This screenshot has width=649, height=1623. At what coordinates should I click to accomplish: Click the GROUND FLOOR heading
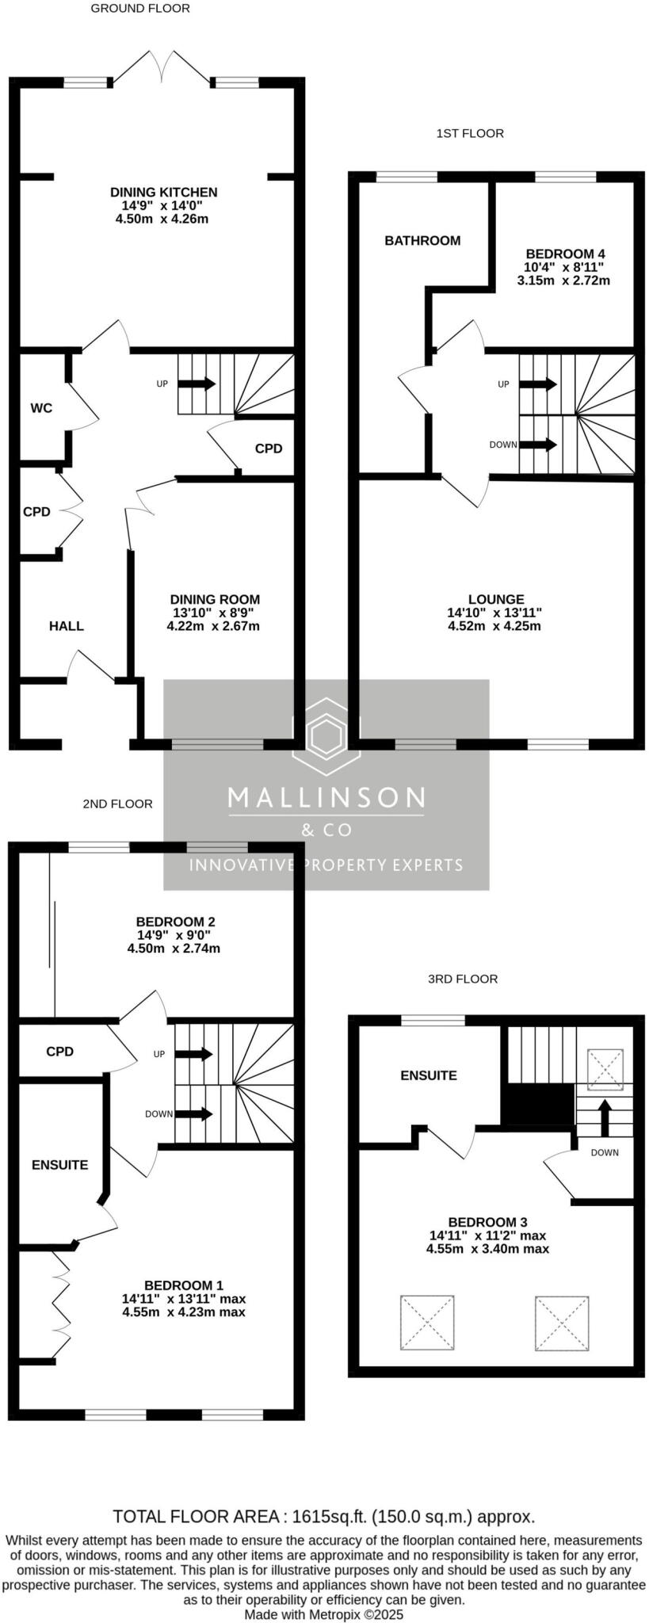click(x=140, y=9)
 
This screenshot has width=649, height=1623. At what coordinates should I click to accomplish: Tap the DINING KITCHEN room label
click(x=163, y=192)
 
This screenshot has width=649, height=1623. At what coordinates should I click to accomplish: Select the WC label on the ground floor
click(x=41, y=408)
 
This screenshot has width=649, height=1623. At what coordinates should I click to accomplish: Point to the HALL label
click(x=67, y=626)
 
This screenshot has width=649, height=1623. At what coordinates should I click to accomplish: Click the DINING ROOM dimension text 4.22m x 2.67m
click(x=213, y=626)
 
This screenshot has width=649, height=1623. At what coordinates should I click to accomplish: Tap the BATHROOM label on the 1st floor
click(x=422, y=241)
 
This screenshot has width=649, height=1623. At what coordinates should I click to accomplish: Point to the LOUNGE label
click(x=496, y=600)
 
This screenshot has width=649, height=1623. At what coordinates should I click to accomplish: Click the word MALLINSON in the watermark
click(x=326, y=797)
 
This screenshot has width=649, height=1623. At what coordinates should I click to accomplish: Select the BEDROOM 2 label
click(x=175, y=922)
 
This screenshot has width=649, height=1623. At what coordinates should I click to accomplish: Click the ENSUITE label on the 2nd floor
click(x=60, y=1165)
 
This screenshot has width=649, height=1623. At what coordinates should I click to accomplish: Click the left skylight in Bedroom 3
click(x=427, y=1323)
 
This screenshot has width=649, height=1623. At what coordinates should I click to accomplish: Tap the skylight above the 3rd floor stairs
click(x=605, y=1070)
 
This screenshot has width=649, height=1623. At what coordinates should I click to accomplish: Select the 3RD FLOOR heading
click(x=463, y=979)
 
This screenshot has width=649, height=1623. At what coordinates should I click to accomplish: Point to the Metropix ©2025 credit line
click(x=324, y=1614)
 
